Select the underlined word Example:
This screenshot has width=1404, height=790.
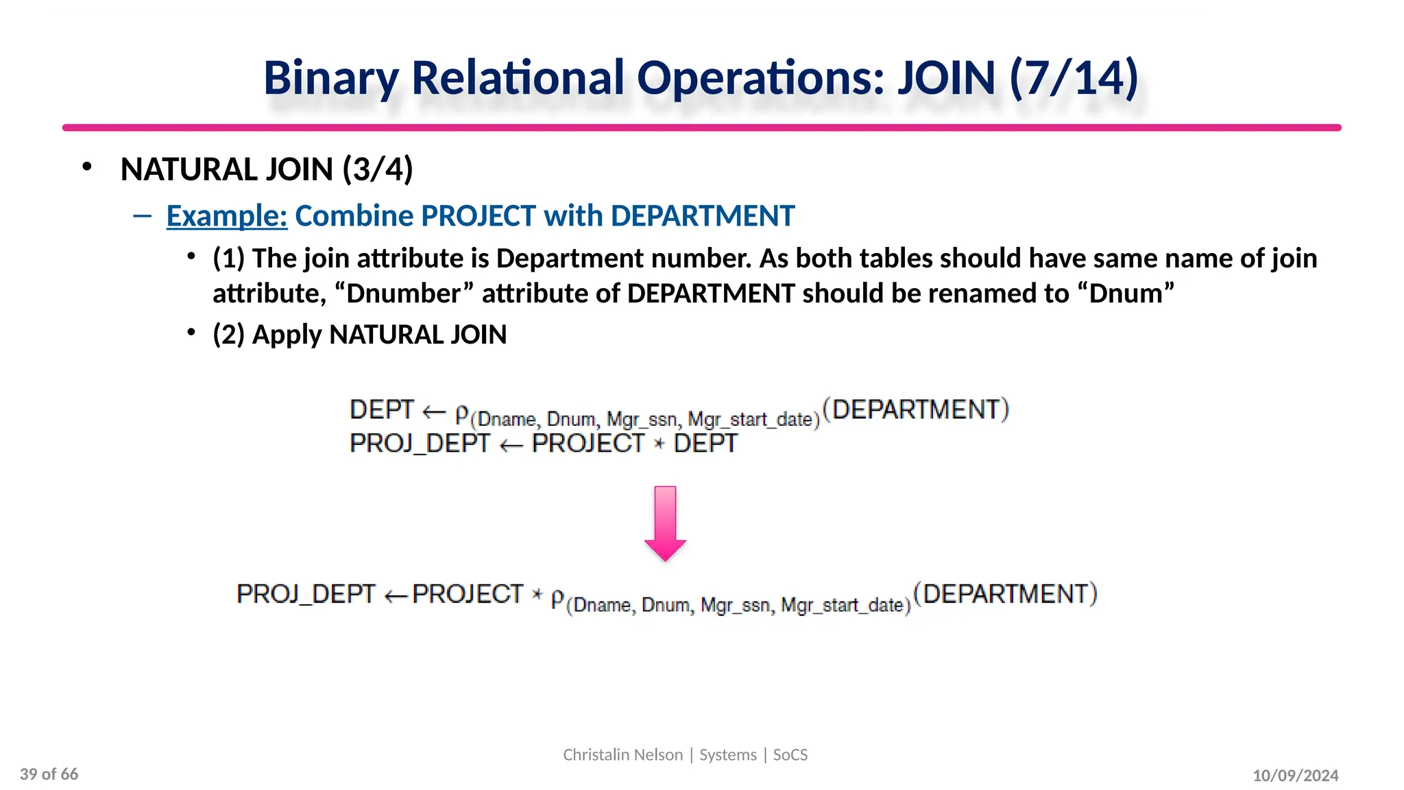227,216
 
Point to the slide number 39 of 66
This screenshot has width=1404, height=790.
49,774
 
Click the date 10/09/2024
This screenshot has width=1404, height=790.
1295,776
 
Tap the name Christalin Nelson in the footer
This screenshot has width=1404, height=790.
622,755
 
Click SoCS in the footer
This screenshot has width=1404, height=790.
790,755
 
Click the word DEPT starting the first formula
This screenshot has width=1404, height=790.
382,410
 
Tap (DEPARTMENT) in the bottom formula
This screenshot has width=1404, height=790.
1006,594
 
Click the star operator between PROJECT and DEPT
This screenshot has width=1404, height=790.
659,444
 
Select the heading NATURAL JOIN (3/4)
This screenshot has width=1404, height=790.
267,169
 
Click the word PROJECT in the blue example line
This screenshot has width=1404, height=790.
478,216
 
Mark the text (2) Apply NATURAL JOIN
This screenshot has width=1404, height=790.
359,335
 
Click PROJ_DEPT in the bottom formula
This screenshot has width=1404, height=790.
306,594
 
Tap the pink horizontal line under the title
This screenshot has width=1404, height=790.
701,128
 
